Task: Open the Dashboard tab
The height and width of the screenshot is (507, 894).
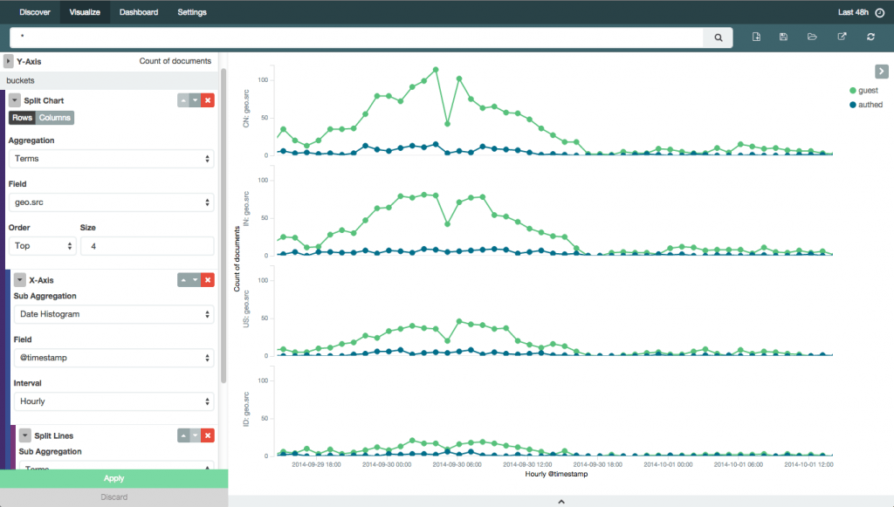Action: [x=139, y=13]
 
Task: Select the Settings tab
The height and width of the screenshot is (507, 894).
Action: [x=192, y=13]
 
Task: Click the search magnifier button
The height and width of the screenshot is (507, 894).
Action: [x=718, y=38]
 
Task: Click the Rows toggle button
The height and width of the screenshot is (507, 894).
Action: [x=22, y=118]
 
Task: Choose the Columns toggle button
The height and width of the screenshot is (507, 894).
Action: [x=55, y=118]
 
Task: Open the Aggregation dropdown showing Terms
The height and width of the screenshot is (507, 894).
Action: [x=111, y=159]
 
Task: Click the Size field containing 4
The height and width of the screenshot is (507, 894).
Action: [x=147, y=246]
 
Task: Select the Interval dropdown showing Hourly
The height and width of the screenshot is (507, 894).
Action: [x=113, y=401]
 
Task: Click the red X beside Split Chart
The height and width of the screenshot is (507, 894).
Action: [x=208, y=101]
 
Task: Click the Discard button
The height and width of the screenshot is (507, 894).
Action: [x=113, y=497]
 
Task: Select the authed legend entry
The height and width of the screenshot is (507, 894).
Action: [x=870, y=105]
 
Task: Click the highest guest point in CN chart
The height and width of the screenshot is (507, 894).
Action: [x=435, y=70]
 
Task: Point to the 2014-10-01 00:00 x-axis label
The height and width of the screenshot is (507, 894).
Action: [x=669, y=465]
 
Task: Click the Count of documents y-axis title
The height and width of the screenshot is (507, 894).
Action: [x=237, y=259]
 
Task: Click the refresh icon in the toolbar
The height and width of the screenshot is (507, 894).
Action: [x=870, y=38]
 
